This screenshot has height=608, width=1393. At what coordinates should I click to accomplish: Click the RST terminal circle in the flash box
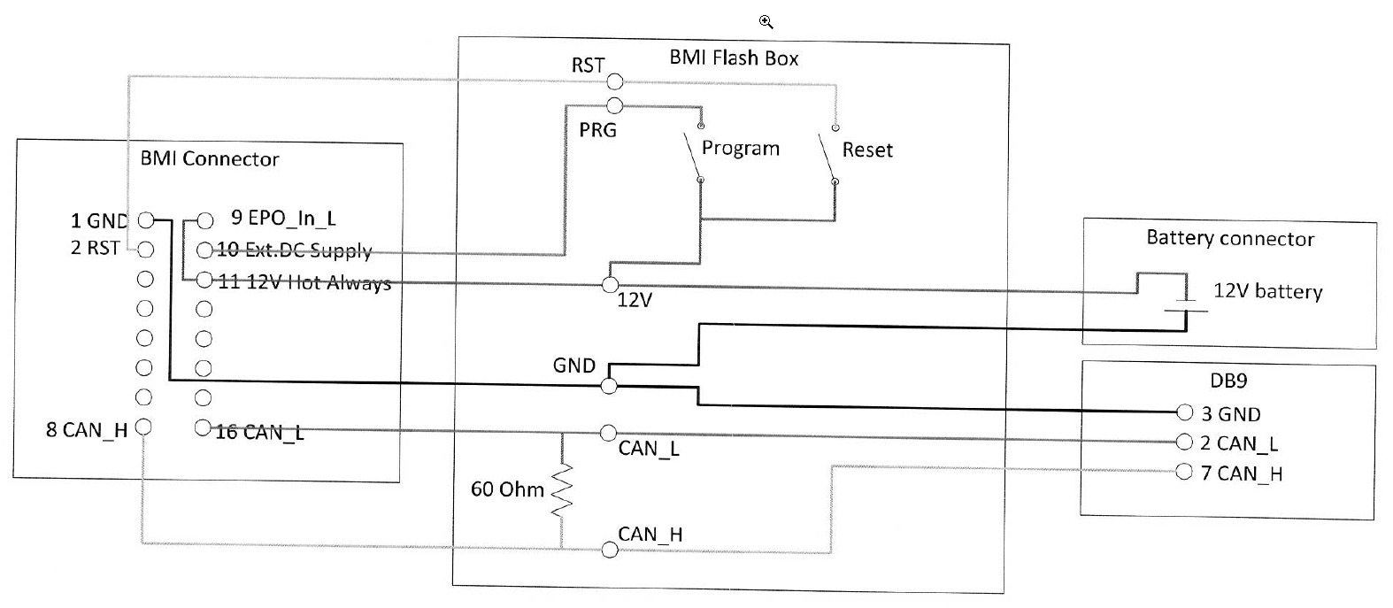tap(614, 82)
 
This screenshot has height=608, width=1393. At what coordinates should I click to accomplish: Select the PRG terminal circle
tap(614, 106)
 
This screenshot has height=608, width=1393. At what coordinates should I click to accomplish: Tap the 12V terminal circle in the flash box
tap(610, 285)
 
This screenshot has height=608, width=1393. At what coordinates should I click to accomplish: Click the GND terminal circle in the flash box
tap(609, 386)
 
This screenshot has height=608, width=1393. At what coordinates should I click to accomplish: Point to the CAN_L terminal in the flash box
tap(608, 433)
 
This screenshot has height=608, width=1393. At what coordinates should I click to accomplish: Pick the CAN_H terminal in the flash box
tap(609, 550)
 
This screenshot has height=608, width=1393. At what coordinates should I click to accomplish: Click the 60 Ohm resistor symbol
tap(562, 489)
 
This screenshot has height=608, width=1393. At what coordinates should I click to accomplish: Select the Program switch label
tap(740, 148)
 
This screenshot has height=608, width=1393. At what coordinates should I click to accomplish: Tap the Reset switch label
tap(866, 150)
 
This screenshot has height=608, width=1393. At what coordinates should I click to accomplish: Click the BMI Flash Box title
tap(734, 58)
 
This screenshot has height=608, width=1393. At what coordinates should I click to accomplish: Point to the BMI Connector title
tap(210, 159)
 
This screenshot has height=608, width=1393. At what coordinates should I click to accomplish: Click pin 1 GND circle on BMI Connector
tap(147, 220)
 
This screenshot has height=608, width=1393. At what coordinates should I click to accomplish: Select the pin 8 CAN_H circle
tap(146, 427)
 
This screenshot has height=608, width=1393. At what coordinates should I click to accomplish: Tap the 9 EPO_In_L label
tap(283, 218)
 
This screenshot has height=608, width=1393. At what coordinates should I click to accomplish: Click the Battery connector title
tap(1229, 238)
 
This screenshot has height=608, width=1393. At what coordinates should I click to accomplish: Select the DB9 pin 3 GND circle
tap(1185, 412)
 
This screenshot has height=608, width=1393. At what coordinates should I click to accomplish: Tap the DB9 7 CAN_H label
tap(1241, 473)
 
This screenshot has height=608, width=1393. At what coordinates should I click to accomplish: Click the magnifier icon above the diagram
tap(766, 22)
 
